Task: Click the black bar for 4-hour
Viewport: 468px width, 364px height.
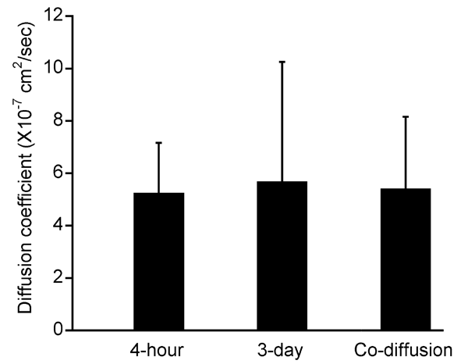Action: (x=159, y=262)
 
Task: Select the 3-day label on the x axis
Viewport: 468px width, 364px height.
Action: (x=282, y=348)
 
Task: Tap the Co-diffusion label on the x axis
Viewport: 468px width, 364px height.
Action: (x=406, y=348)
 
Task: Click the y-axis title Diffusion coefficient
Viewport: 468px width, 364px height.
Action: (x=25, y=173)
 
